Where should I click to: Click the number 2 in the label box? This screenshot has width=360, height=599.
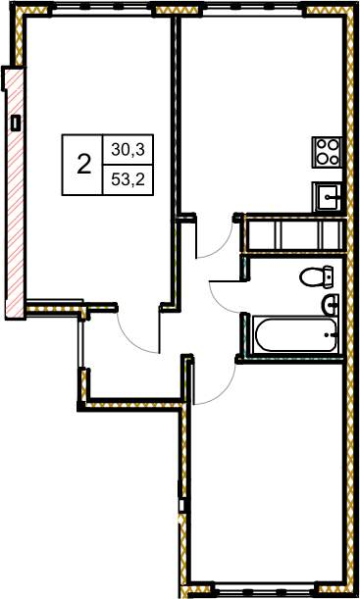(84, 165)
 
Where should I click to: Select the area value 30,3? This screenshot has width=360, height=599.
(128, 150)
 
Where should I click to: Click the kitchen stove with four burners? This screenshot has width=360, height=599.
(327, 152)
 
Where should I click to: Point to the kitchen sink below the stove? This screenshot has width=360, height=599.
(328, 197)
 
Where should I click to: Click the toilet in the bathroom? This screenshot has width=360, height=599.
(317, 276)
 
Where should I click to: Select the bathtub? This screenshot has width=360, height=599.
(297, 335)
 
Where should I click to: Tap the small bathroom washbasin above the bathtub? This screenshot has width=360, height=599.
(330, 305)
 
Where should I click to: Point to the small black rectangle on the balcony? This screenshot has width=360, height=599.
(16, 123)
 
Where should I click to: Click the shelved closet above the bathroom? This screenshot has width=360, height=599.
(295, 234)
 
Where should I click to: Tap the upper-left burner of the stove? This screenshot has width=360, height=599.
(321, 145)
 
